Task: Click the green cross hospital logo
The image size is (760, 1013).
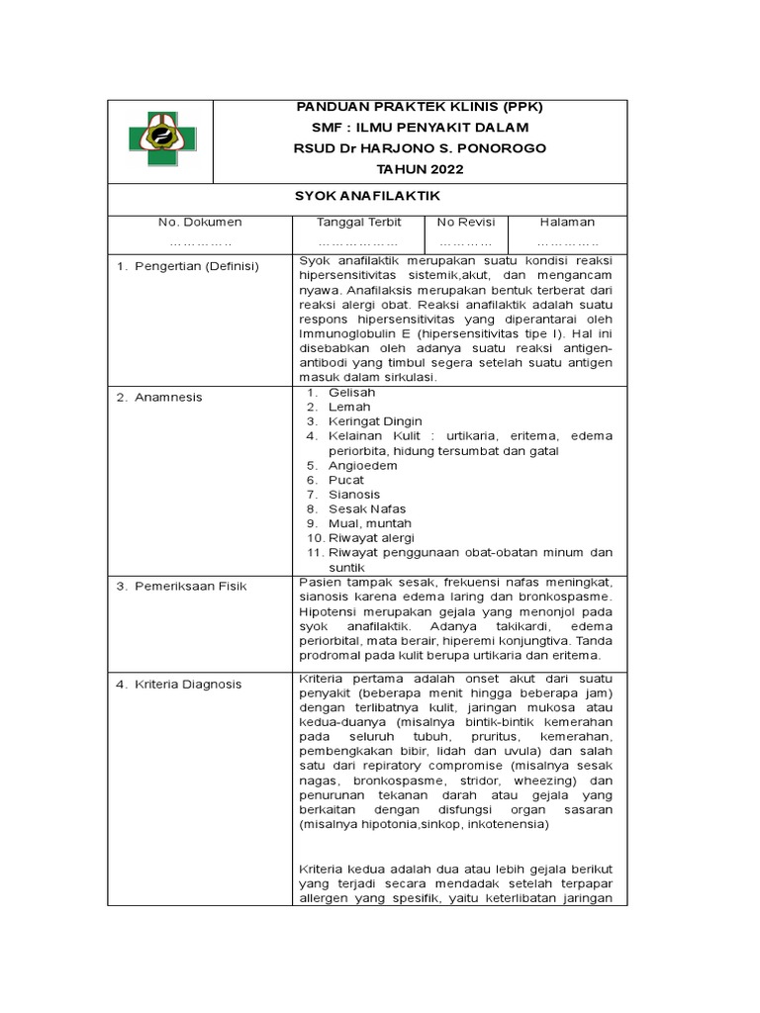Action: (161, 140)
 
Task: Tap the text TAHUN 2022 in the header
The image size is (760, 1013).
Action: (421, 168)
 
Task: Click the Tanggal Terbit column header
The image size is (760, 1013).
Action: (357, 223)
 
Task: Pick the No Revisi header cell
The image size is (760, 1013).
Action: (465, 223)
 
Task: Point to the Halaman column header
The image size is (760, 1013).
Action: (567, 223)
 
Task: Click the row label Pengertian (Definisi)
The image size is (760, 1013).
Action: (196, 267)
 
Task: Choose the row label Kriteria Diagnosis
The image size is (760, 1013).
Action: (189, 684)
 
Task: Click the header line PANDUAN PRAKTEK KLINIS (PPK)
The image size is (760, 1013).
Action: (421, 107)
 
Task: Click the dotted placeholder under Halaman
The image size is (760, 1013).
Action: (567, 241)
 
